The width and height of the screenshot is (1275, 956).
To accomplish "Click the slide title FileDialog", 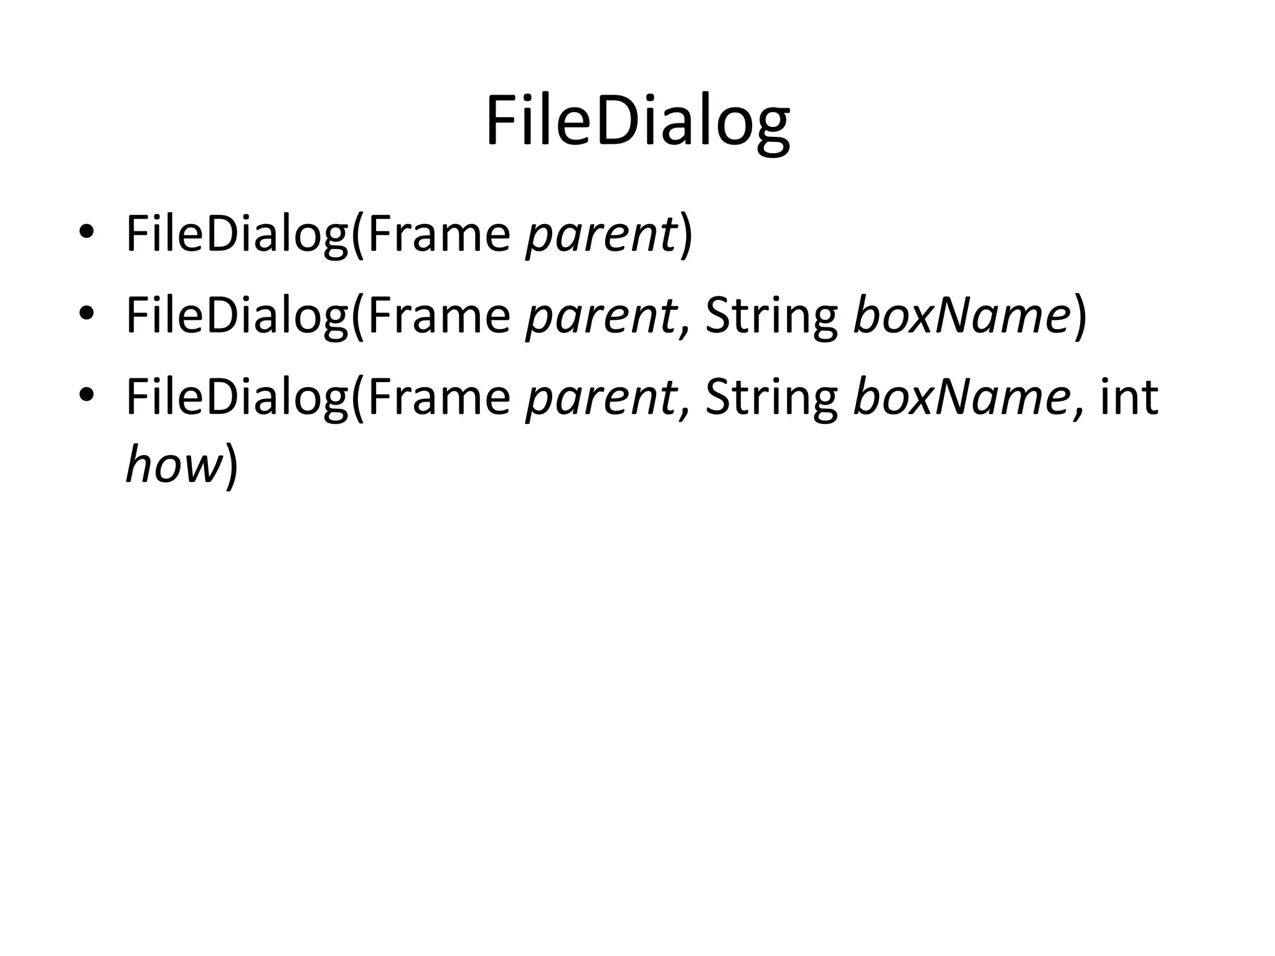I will click(x=637, y=122).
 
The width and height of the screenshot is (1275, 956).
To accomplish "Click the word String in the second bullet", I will click(x=771, y=317).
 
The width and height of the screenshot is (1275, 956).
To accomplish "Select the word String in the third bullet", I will click(x=771, y=399).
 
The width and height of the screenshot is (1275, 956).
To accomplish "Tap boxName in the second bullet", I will click(x=961, y=316).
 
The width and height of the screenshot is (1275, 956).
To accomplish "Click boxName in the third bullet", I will click(x=961, y=398).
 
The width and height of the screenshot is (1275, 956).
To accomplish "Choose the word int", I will click(x=1129, y=398).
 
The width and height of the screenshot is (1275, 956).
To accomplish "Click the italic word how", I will click(x=174, y=465).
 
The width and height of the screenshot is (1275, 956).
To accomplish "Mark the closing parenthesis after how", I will click(x=231, y=466).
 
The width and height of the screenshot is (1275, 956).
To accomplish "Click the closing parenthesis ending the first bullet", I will click(x=685, y=235).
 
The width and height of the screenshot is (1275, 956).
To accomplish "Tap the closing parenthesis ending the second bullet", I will click(x=1080, y=316).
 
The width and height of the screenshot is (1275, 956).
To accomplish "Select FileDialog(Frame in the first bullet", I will click(x=318, y=235).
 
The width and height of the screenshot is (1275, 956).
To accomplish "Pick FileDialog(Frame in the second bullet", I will click(x=318, y=316).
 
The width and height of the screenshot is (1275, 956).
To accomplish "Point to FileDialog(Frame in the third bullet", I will click(x=318, y=398).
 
